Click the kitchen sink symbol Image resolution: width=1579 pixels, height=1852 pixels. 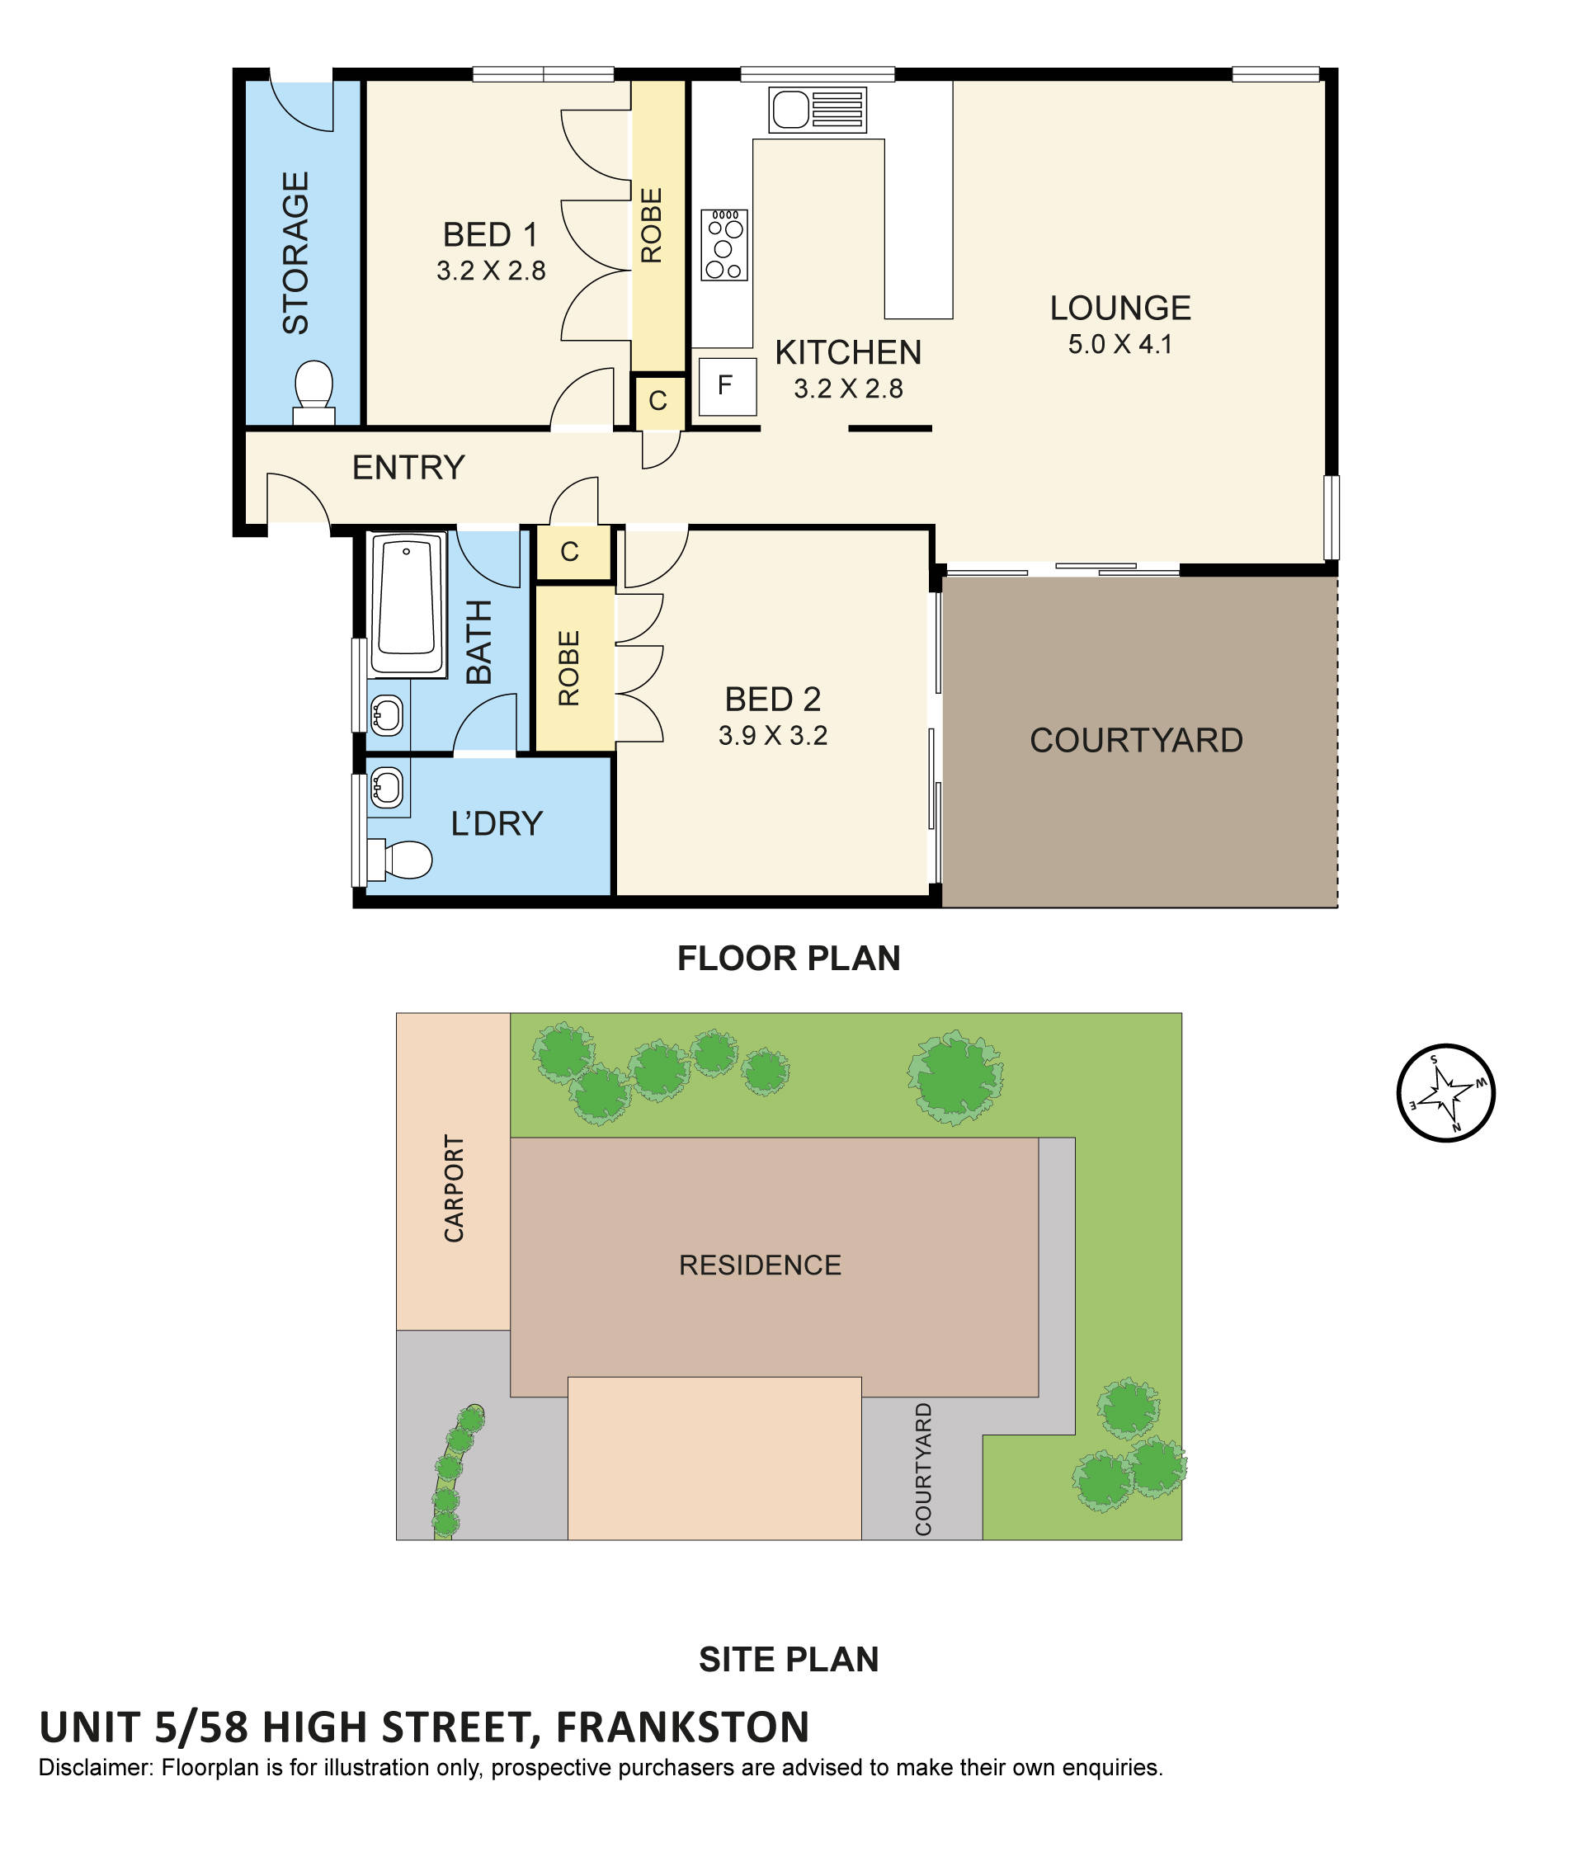(816, 110)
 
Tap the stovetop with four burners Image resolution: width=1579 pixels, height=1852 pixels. (723, 244)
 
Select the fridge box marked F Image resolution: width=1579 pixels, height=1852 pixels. (726, 385)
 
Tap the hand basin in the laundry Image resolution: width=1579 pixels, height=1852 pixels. (386, 788)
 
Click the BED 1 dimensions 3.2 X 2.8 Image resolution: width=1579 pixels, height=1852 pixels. (490, 271)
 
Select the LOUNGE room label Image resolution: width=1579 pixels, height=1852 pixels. (1119, 309)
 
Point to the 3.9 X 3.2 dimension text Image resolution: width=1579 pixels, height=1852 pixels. (772, 736)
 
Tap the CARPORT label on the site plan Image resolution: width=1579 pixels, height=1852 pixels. (454, 1188)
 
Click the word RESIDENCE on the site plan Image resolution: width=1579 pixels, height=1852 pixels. (760, 1265)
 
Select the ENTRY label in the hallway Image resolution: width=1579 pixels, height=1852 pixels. (408, 468)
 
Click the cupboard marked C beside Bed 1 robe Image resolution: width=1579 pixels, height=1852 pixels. (658, 400)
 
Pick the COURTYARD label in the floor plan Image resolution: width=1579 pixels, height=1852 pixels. (1135, 740)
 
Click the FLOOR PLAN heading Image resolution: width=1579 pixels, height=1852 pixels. (788, 959)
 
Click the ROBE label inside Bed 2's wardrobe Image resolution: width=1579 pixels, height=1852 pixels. (569, 667)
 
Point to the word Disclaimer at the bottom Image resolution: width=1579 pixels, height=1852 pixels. (96, 1767)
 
